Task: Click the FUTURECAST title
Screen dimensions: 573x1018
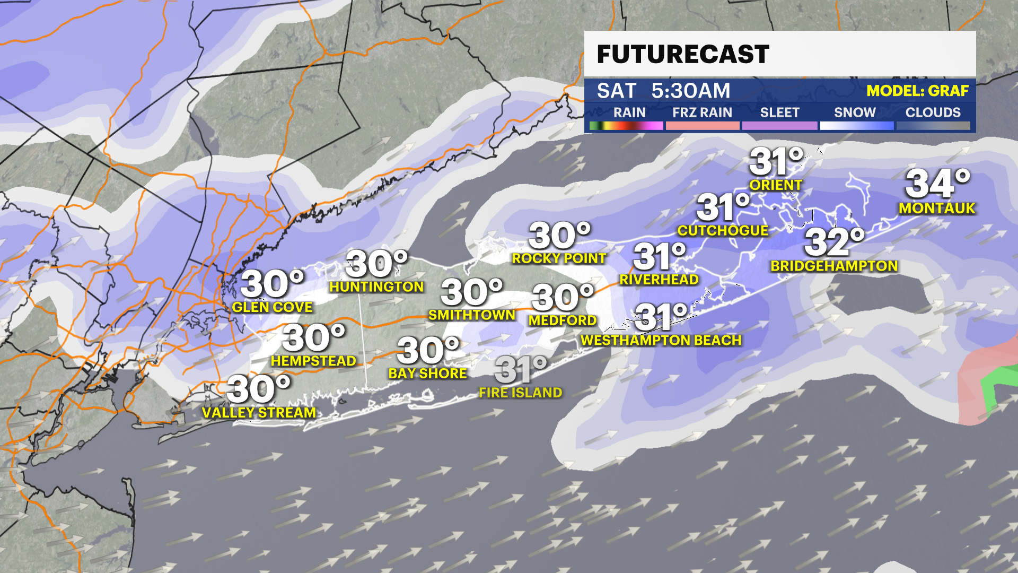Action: [682, 54]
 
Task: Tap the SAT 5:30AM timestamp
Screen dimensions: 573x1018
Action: [663, 91]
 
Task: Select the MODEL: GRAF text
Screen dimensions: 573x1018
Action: [917, 91]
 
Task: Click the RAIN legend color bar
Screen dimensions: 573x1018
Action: [626, 126]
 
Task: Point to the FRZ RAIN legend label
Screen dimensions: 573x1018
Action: [702, 112]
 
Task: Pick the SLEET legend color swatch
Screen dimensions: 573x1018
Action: [779, 126]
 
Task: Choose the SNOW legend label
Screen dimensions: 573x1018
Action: [855, 112]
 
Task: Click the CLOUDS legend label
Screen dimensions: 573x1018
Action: [933, 112]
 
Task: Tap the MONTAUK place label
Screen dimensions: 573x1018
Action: [937, 208]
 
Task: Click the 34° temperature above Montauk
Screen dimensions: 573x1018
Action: [937, 184]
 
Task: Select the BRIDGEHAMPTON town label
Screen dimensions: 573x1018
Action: [834, 266]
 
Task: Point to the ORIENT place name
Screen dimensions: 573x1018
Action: [776, 185]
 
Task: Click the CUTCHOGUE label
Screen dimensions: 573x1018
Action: [723, 230]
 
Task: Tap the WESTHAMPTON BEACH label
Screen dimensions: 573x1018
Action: [661, 340]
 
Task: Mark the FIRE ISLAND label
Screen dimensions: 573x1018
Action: [520, 393]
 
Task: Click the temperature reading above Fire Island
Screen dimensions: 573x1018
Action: [520, 369]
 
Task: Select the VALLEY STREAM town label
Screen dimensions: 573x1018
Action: [259, 412]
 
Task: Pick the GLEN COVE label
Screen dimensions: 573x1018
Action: [272, 307]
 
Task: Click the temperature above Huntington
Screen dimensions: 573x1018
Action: [376, 264]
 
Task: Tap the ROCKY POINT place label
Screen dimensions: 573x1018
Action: [559, 258]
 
